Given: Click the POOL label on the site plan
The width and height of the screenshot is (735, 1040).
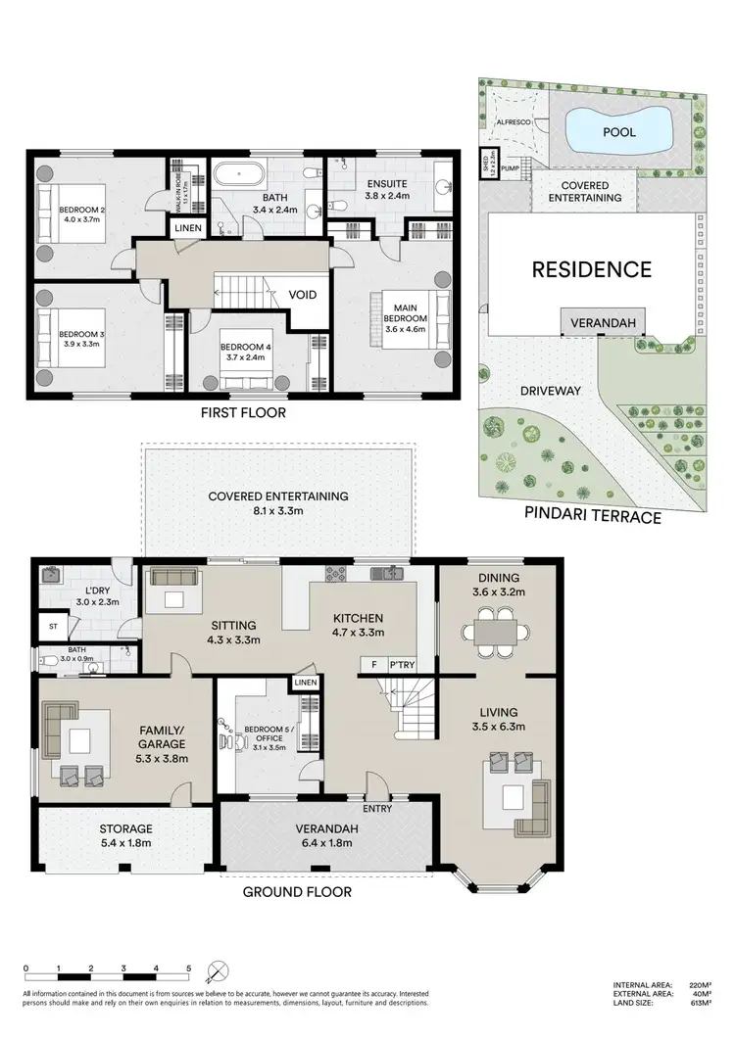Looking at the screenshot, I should [x=618, y=132].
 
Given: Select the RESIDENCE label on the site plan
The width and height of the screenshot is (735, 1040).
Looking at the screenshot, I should [x=591, y=269].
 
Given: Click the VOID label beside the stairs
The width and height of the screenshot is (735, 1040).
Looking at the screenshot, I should [x=302, y=294].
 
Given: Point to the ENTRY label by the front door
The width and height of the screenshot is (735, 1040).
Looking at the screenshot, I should [x=377, y=808].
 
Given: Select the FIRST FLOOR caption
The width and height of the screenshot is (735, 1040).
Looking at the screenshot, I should [x=243, y=412].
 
